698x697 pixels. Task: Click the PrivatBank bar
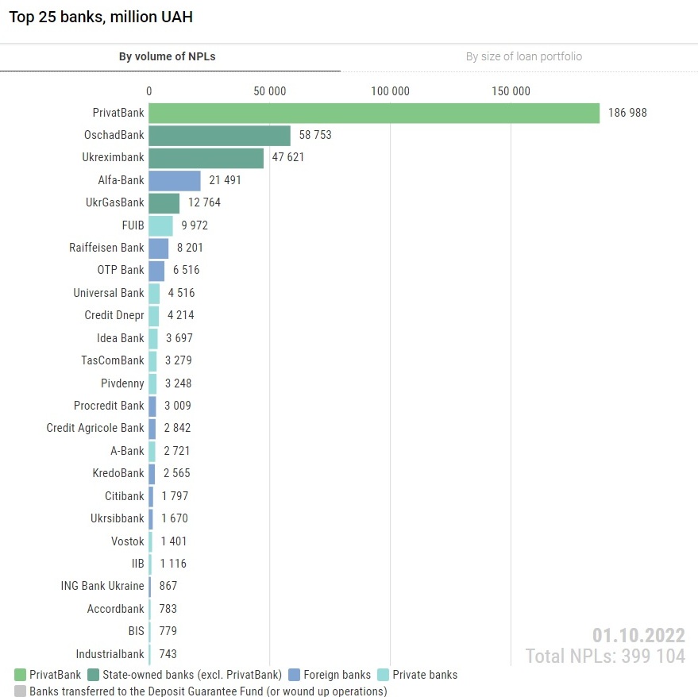(373, 113)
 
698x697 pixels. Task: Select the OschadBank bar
(219, 135)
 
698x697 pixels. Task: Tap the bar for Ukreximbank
(206, 158)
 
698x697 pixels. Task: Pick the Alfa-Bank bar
(175, 180)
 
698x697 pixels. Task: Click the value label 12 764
(204, 202)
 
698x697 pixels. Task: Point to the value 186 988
(627, 113)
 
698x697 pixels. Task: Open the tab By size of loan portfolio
(523, 56)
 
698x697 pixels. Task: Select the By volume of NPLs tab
(167, 56)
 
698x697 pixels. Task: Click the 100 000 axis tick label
(390, 91)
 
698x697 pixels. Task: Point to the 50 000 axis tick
(269, 91)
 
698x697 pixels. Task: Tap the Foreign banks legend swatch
(294, 675)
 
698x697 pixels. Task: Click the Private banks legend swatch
(383, 675)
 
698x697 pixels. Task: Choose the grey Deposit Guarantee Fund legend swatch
(20, 691)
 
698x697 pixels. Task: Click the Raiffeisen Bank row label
(106, 248)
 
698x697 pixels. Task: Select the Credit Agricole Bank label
(95, 428)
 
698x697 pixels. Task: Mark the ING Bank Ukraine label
(102, 586)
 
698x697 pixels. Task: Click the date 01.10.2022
(638, 636)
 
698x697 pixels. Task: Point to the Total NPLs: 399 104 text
(604, 657)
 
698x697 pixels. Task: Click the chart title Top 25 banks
(101, 17)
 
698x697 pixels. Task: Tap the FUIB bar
(160, 225)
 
